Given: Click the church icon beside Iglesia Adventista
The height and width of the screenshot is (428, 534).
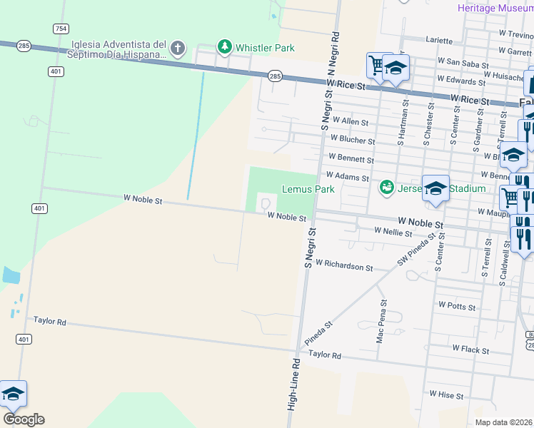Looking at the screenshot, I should click(x=178, y=49).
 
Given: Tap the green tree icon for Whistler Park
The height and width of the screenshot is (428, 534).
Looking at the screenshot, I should click(x=226, y=47).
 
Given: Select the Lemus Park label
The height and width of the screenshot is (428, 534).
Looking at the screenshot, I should click(x=308, y=190).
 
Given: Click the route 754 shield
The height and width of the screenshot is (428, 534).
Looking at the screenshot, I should click(x=61, y=29).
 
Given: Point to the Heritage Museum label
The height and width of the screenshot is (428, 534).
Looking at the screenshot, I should click(x=495, y=7).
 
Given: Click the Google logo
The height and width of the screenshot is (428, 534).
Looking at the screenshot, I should click(x=24, y=419).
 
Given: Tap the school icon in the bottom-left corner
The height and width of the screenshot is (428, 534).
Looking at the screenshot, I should click(x=12, y=394).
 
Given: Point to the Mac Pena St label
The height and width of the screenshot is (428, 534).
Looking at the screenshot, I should click(x=380, y=324).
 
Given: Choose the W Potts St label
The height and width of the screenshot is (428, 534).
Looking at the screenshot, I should click(x=457, y=305).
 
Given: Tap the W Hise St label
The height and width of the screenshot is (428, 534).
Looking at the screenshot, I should click(x=446, y=394).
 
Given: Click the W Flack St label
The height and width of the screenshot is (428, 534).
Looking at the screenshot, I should click(x=470, y=350).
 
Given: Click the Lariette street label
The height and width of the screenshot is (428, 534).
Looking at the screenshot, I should click(x=439, y=41).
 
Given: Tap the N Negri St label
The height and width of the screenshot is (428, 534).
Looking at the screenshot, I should click(x=331, y=53).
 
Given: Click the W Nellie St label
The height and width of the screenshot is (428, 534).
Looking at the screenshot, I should click(x=393, y=232).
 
